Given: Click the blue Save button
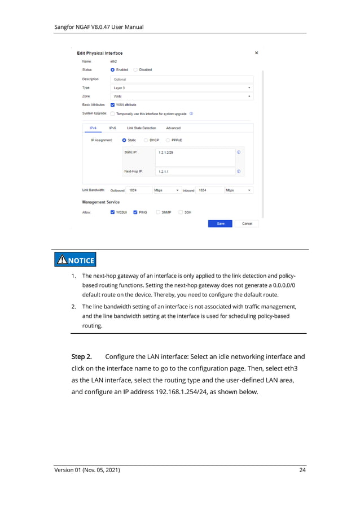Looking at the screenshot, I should pyautogui.click(x=221, y=224).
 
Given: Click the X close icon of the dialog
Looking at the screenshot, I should pyautogui.click(x=257, y=53).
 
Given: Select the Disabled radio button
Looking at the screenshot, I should pyautogui.click(x=136, y=70).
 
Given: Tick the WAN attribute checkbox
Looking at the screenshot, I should pyautogui.click(x=113, y=104).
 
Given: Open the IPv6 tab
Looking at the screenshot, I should pyautogui.click(x=113, y=128).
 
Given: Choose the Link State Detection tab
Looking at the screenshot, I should pyautogui.click(x=142, y=128).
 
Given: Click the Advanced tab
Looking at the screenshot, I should pyautogui.click(x=173, y=128).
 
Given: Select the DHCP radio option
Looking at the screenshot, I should pyautogui.click(x=146, y=140).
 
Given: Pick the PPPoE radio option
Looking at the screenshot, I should pyautogui.click(x=168, y=140).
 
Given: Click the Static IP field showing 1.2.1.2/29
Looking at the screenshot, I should pyautogui.click(x=195, y=152).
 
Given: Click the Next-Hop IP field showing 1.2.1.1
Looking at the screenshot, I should pyautogui.click(x=195, y=172).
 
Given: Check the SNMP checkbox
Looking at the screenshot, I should pyautogui.click(x=159, y=212).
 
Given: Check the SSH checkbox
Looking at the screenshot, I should pyautogui.click(x=181, y=212).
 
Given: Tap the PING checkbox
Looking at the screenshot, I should pyautogui.click(x=135, y=212).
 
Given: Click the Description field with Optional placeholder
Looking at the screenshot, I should pyautogui.click(x=181, y=80).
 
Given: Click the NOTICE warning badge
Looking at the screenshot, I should pyautogui.click(x=75, y=260).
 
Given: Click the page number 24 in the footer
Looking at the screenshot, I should pyautogui.click(x=302, y=470).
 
